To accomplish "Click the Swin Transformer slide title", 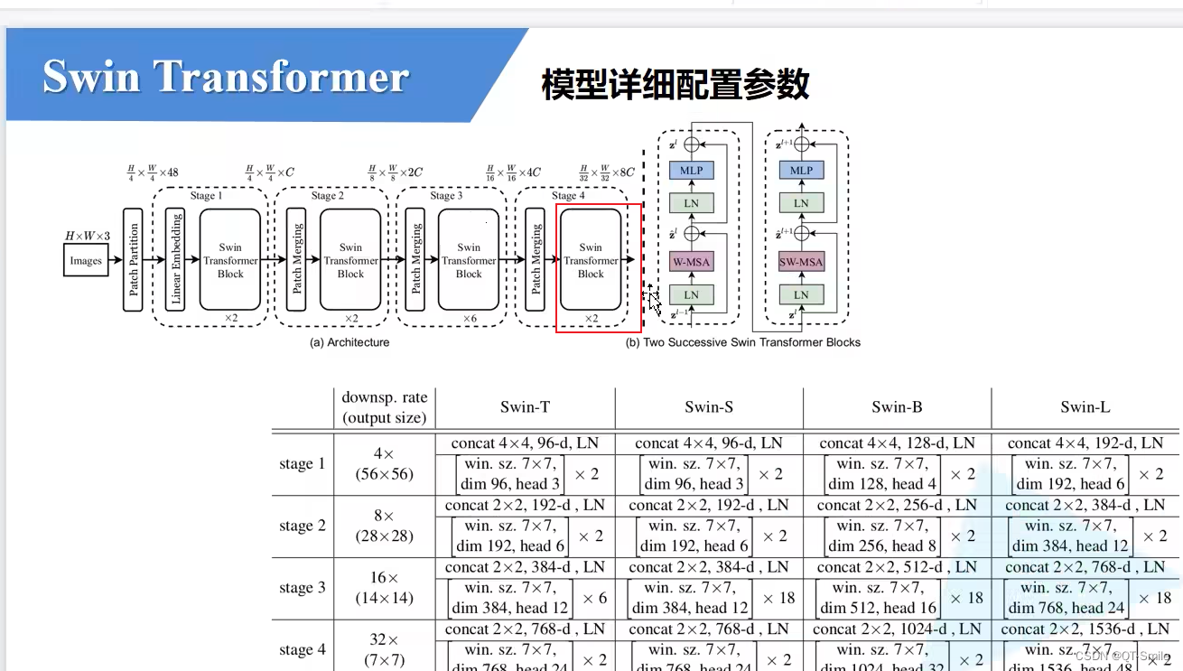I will [226, 77].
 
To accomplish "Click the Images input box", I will [86, 261].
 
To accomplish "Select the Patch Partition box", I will [134, 260].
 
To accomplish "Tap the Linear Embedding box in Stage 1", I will [176, 260].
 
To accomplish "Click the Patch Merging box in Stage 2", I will [297, 260].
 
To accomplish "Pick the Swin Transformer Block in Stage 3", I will [469, 260].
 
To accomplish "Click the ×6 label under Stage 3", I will [469, 319].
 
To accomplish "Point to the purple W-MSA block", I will [691, 263].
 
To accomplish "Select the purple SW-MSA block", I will [801, 263].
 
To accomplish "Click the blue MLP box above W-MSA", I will [691, 171].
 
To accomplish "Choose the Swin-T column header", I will [525, 407].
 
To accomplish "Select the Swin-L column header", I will [1085, 407].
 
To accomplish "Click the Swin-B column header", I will [897, 407].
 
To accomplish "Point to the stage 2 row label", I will [303, 526].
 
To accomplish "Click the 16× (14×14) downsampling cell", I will [384, 587].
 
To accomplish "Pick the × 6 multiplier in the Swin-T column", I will [594, 598].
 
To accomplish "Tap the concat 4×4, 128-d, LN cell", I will [897, 443].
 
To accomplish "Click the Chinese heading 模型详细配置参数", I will [675, 85].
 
